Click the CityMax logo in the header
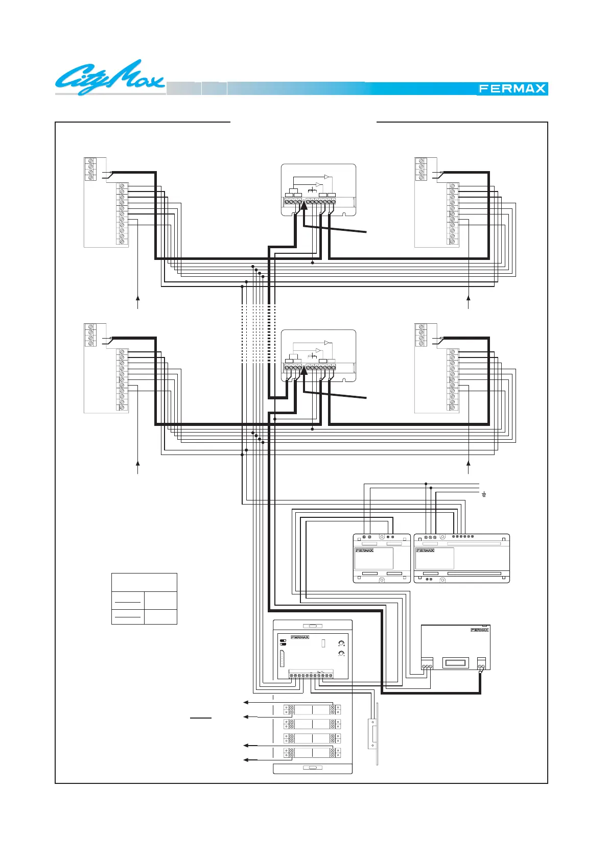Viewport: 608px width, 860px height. [x=110, y=78]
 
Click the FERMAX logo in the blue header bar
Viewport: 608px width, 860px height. [x=512, y=89]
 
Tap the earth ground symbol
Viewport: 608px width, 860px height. [x=483, y=494]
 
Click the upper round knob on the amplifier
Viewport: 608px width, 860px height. [x=341, y=643]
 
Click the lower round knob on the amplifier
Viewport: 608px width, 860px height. [x=341, y=654]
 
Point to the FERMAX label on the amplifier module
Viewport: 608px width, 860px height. [x=300, y=637]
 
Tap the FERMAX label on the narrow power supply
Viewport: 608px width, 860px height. [x=364, y=551]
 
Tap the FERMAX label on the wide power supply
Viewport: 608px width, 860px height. [x=425, y=551]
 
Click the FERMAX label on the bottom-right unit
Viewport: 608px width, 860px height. [x=479, y=630]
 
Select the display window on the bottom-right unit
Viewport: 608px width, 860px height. [x=455, y=663]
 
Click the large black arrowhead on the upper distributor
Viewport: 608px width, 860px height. [x=304, y=205]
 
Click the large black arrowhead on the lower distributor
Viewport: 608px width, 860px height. [x=304, y=370]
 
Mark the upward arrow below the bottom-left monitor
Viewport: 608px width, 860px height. [x=138, y=463]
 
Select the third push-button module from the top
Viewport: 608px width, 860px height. [x=312, y=738]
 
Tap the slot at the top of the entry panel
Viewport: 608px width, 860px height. [x=313, y=626]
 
